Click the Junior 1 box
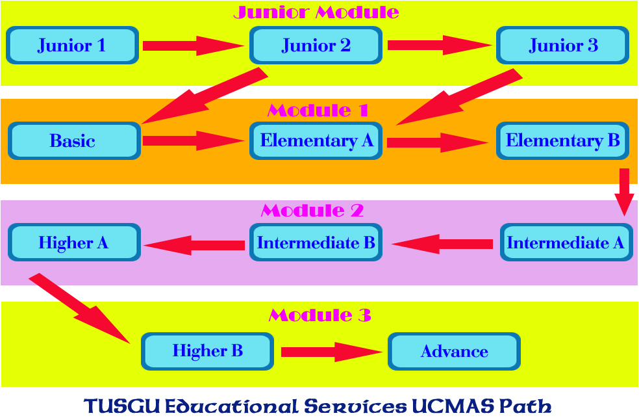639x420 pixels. pos(73,46)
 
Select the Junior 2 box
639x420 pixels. pos(316,46)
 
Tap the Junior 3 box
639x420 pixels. pos(563,46)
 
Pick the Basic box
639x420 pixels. pos(74,141)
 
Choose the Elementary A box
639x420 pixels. pos(316,141)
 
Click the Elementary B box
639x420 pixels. pos(563,141)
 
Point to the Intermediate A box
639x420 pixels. pos(566,243)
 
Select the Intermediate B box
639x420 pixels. pos(316,243)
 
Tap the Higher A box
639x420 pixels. pos(74,243)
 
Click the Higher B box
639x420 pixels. pos(207,352)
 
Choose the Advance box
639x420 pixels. pos(454,352)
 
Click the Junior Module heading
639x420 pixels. pos(316,12)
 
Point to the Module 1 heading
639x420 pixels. pos(318,111)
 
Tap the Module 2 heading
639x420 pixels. pos(312,211)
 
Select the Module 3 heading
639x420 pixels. pos(320,315)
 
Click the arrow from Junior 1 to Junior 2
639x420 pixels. pos(194,46)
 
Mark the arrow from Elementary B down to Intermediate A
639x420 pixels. pos(624,192)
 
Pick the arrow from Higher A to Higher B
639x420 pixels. pos(79,309)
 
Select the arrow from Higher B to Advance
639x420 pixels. pos(332,352)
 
